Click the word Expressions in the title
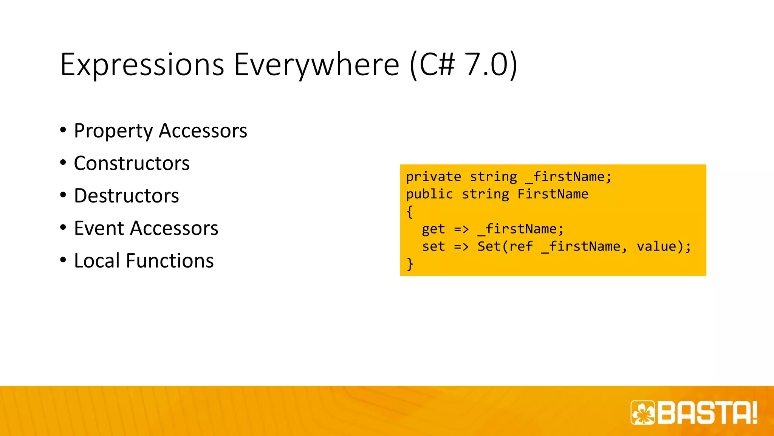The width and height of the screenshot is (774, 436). [142, 65]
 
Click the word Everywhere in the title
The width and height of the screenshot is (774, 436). [317, 65]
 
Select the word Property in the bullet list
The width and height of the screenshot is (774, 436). [113, 131]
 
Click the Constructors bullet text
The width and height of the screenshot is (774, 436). [132, 163]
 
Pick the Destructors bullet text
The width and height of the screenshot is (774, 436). [126, 196]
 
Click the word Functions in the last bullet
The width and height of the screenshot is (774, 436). [170, 261]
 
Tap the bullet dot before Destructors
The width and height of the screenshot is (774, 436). [63, 195]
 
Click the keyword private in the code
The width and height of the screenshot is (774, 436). [433, 177]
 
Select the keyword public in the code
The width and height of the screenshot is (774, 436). [429, 194]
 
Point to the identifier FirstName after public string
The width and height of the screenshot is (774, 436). [553, 194]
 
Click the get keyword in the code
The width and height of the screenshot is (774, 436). [433, 229]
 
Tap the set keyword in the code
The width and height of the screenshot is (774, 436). [433, 246]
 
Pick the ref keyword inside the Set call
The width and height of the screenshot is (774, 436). [521, 246]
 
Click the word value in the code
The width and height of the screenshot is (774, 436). [656, 246]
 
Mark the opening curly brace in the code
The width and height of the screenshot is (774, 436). [410, 212]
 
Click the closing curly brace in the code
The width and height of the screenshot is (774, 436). [410, 264]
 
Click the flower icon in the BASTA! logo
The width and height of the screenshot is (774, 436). [643, 413]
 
